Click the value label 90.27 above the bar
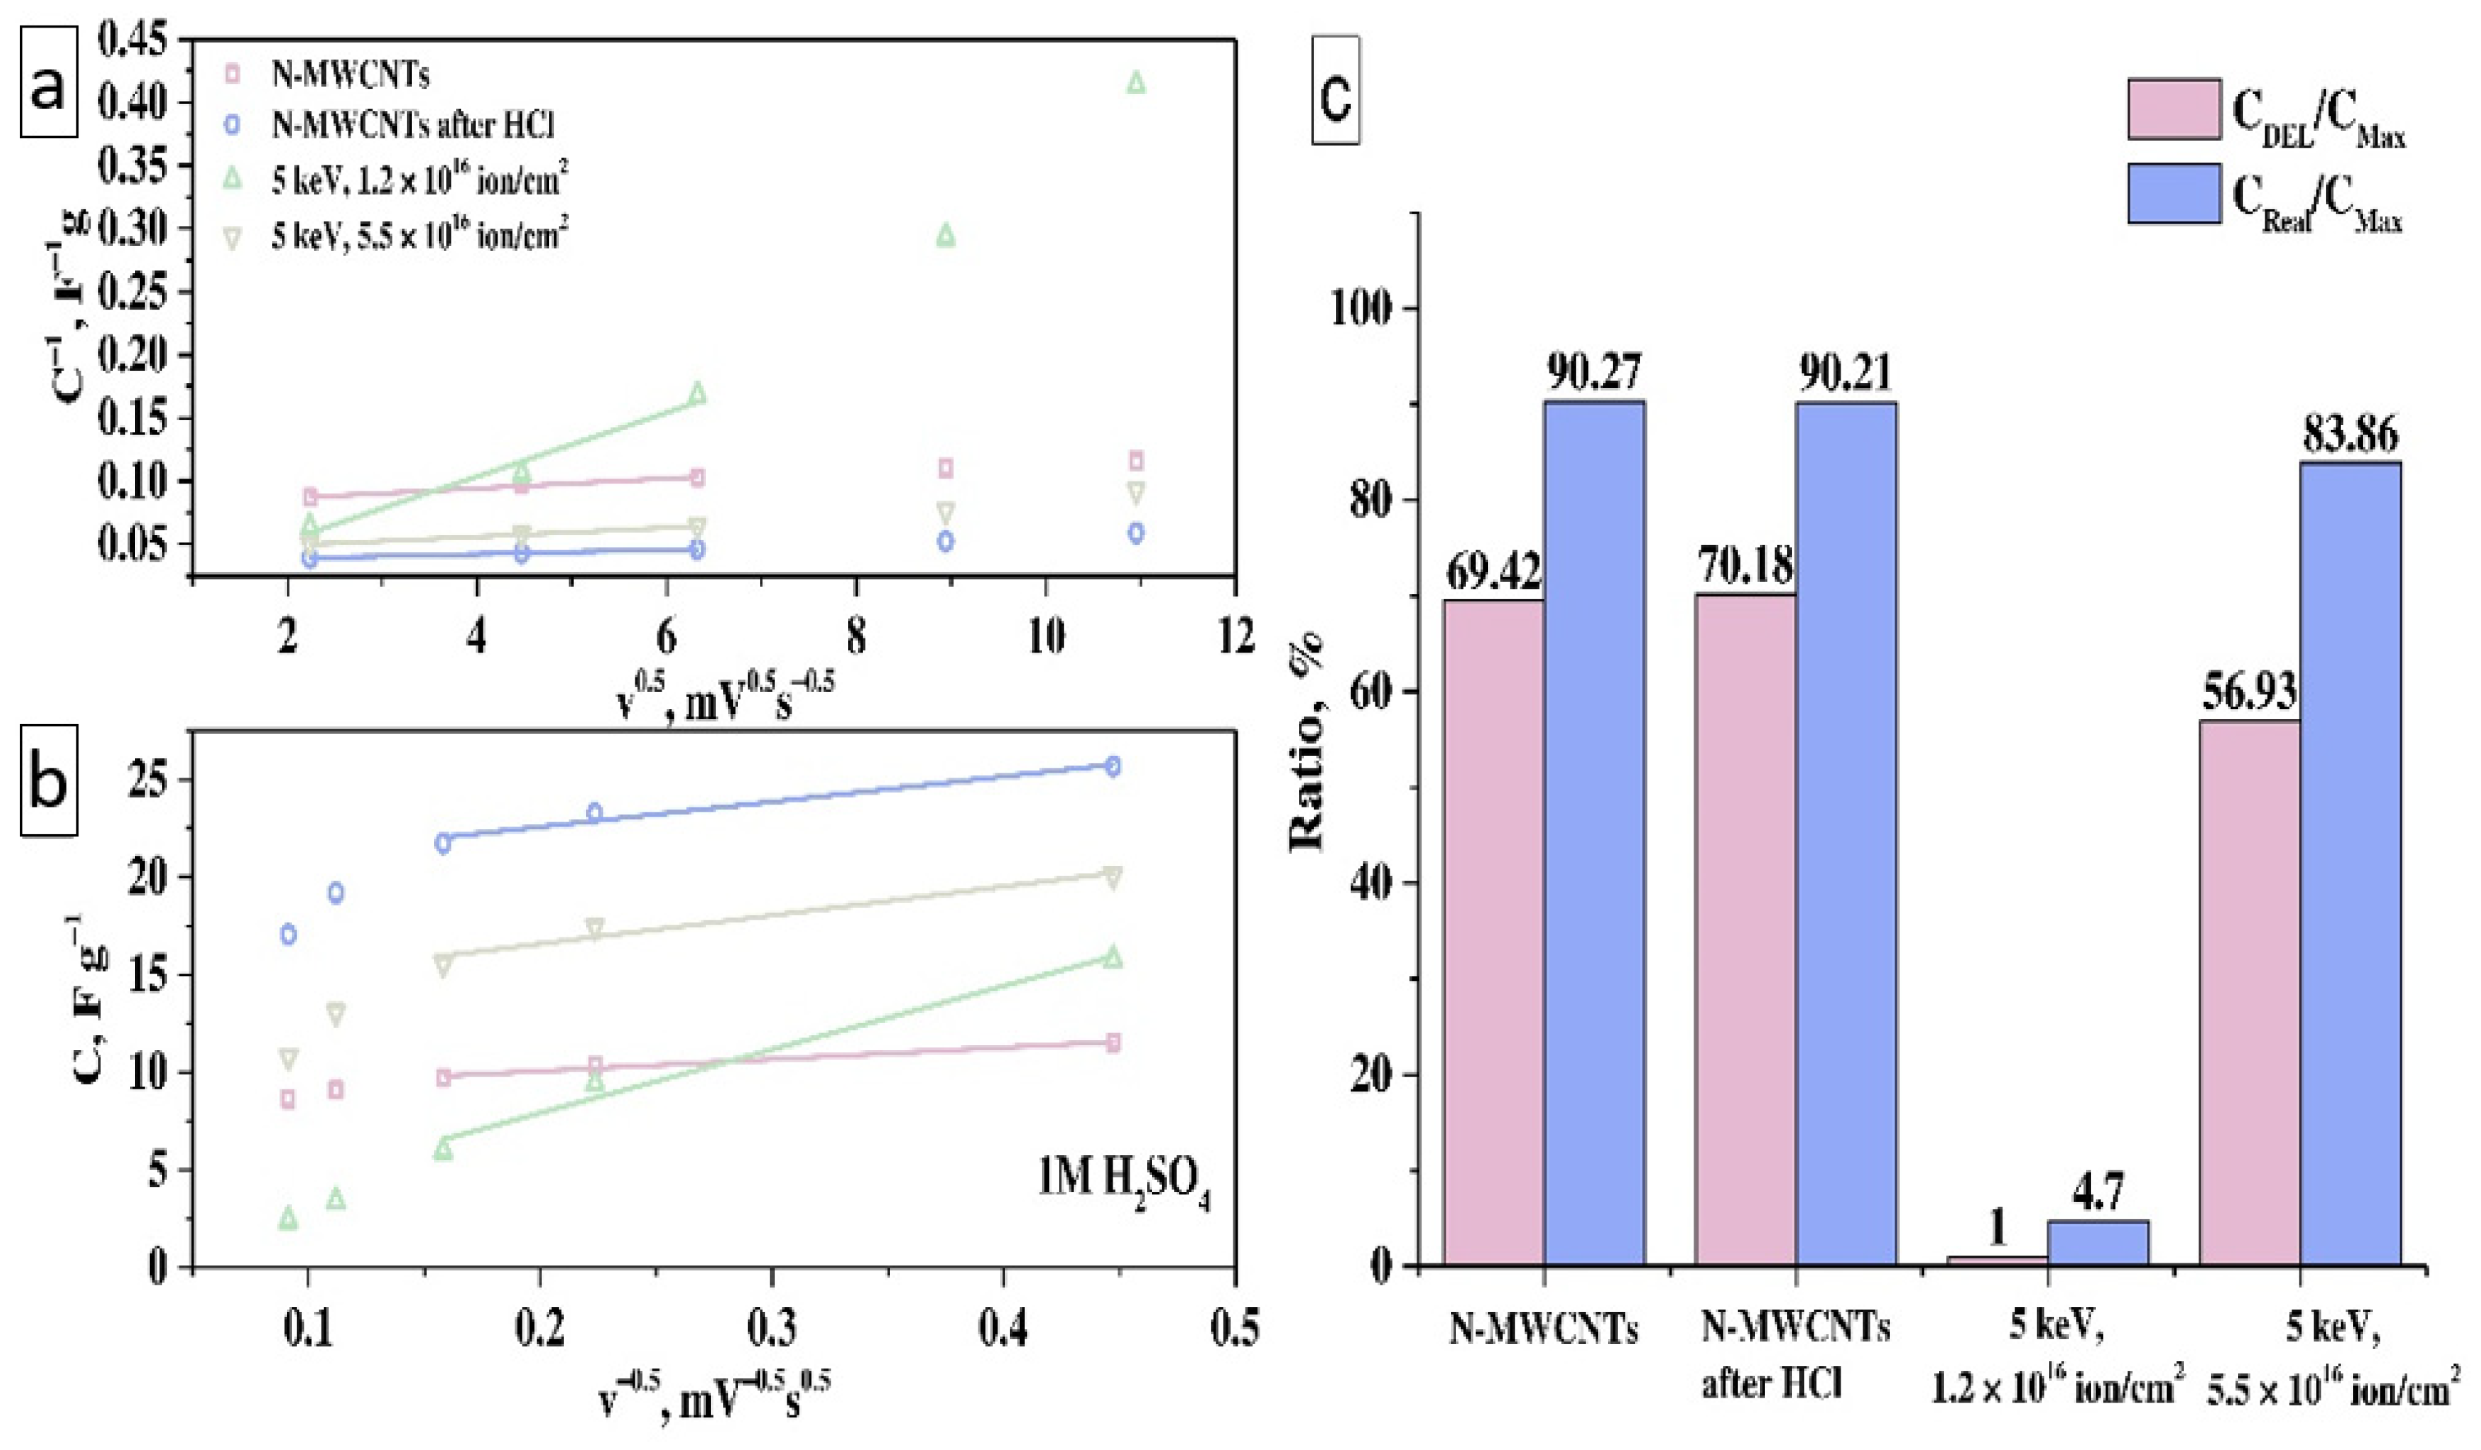pos(1593,373)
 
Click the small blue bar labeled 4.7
pos(2097,1241)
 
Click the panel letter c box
pos(1336,90)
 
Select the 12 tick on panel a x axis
pos(1236,637)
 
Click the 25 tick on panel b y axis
pos(148,780)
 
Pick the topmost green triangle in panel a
pos(1136,83)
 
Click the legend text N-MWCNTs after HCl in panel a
pos(413,126)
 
